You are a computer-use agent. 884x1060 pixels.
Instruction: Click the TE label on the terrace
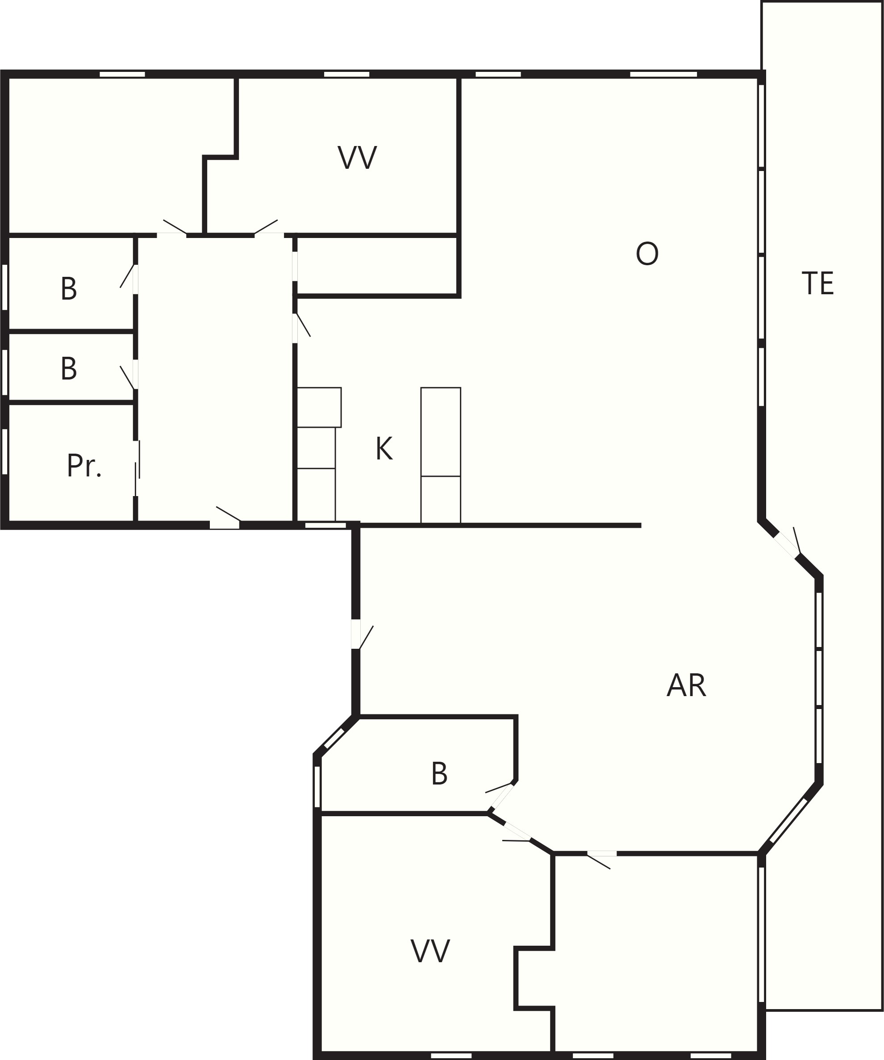coord(817,283)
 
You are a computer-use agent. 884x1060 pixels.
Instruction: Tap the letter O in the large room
coord(647,253)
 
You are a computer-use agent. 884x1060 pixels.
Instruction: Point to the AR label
coord(686,685)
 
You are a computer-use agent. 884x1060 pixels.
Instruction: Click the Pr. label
coord(84,465)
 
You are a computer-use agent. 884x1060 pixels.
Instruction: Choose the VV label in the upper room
coord(357,158)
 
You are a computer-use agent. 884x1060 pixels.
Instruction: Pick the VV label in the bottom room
coord(429,951)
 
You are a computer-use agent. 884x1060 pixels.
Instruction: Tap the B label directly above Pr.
coord(69,369)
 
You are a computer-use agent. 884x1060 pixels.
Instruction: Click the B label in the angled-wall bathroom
coord(439,773)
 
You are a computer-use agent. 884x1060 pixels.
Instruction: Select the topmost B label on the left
coord(69,289)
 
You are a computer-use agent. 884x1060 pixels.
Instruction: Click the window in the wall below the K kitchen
coord(325,526)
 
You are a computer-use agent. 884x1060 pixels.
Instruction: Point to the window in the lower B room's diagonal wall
coord(334,739)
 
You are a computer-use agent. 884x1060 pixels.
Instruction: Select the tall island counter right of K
coord(441,455)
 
